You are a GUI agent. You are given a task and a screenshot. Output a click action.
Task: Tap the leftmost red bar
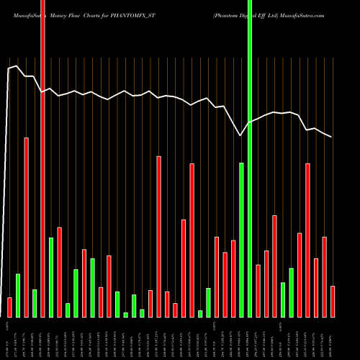(x=9, y=307)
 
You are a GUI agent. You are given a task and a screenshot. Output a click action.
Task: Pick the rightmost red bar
(x=333, y=301)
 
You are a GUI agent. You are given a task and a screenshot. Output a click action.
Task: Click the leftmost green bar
(x=18, y=295)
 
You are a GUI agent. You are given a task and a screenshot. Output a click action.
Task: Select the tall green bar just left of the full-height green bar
(x=241, y=240)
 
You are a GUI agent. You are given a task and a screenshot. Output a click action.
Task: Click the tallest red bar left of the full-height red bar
(x=26, y=227)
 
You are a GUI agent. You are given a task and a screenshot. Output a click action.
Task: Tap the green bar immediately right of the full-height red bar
(x=51, y=277)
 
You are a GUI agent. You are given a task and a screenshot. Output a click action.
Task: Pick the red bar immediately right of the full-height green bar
(x=258, y=291)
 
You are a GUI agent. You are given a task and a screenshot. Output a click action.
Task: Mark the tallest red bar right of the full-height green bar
(x=307, y=240)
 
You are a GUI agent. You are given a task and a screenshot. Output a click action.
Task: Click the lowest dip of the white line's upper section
(x=240, y=135)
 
